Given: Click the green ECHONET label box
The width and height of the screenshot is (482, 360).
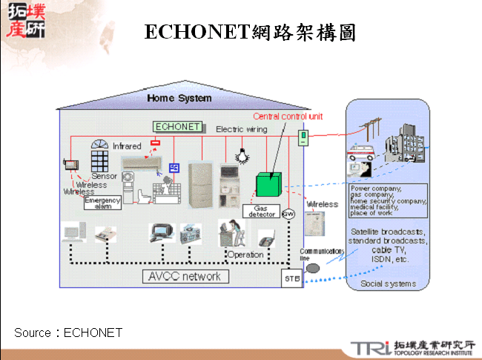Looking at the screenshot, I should click(177, 126).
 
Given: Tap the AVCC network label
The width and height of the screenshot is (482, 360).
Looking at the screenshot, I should click(185, 276).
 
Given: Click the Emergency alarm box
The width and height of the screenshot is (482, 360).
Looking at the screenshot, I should click(102, 203).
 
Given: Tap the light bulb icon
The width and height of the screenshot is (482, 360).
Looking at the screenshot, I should click(240, 154).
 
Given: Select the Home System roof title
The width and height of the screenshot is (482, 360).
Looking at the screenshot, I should click(179, 98).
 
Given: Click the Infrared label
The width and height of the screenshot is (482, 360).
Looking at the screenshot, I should click(127, 146).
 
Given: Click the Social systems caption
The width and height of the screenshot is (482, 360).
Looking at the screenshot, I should click(387, 284).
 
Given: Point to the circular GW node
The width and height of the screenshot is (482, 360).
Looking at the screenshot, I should click(289, 215).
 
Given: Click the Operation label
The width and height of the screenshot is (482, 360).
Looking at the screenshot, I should click(245, 255).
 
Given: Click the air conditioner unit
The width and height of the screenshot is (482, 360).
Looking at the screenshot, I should click(140, 163).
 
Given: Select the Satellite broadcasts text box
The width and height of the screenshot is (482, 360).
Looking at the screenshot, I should click(388, 246).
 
